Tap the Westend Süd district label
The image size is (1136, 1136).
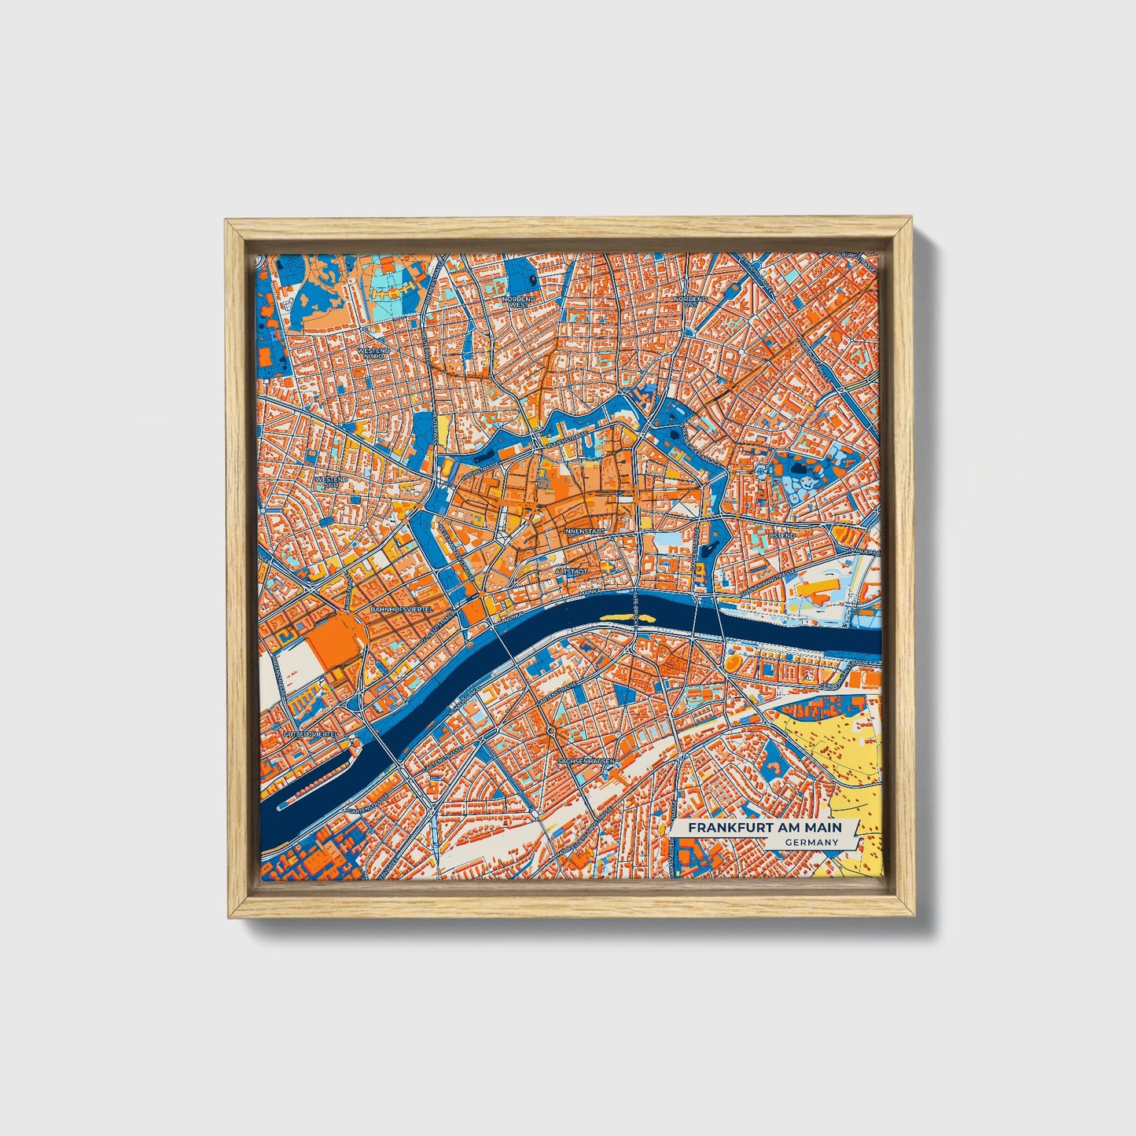331,481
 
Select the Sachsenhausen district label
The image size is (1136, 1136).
585,762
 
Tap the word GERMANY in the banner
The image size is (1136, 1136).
811,842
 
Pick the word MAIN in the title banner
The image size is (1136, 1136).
823,828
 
